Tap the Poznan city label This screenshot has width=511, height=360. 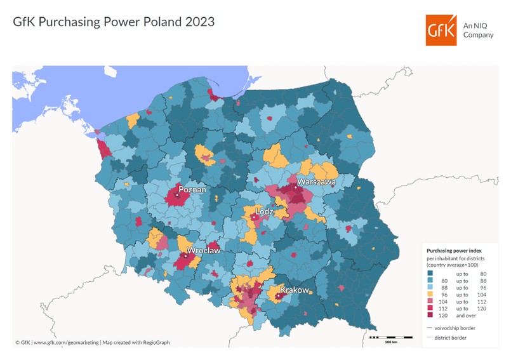coord(192,189)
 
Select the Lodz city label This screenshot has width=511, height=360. coord(264,211)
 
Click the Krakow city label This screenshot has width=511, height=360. coord(294,290)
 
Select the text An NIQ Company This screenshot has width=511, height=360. coord(478,30)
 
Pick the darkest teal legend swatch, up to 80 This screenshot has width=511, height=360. coord(429,272)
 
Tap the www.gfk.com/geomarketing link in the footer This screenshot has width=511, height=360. coord(67,343)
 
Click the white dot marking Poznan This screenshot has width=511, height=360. coord(178,196)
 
